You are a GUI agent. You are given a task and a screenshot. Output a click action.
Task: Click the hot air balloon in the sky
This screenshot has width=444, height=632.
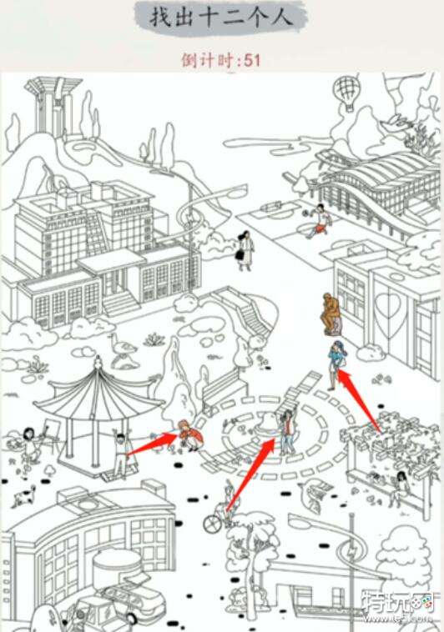tap(346, 93)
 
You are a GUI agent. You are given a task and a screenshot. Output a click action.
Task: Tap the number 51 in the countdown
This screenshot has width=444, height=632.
tap(252, 61)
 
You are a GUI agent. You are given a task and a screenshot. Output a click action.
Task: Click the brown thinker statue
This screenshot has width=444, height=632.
tap(331, 314)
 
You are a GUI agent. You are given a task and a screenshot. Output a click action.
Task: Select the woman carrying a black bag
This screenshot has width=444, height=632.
tap(245, 250)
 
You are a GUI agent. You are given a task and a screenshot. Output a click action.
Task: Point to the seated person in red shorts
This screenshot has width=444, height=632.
tap(319, 221)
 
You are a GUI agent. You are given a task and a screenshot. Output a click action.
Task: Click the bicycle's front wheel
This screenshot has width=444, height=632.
tap(211, 523)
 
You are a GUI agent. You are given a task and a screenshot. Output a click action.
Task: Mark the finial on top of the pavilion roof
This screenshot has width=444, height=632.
tap(98, 361)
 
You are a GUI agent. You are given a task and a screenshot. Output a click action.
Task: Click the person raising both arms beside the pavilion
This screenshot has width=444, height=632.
tap(121, 454)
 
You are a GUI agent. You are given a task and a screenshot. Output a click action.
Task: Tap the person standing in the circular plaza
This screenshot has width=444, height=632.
tap(287, 431)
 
